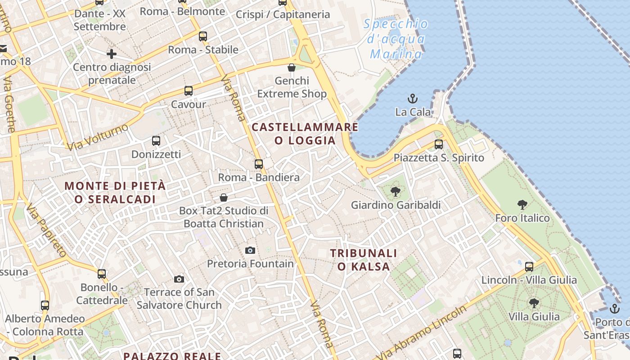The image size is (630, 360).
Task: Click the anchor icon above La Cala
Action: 412,98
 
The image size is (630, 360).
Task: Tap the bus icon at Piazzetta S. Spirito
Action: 438,144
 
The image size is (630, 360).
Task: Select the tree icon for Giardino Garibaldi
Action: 396,192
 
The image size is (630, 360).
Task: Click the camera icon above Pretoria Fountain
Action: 250,250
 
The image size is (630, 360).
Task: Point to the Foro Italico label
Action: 522,218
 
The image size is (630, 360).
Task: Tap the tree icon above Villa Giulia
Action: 534,303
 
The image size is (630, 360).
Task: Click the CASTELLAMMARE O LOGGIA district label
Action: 305,134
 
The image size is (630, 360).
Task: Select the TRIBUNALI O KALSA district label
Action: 364,260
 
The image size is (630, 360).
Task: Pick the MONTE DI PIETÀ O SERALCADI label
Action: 115,192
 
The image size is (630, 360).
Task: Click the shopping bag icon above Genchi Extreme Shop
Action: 292,67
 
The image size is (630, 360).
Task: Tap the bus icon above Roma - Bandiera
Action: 258,164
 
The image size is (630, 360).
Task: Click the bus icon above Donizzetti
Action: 156,141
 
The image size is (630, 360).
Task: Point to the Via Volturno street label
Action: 97,137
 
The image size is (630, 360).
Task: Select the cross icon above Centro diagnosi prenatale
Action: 112,54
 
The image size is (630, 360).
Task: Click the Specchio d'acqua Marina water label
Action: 396,39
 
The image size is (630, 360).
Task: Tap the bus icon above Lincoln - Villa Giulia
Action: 529,267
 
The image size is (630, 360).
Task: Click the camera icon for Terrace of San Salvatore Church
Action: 179,279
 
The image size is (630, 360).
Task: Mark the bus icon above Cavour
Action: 189,91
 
